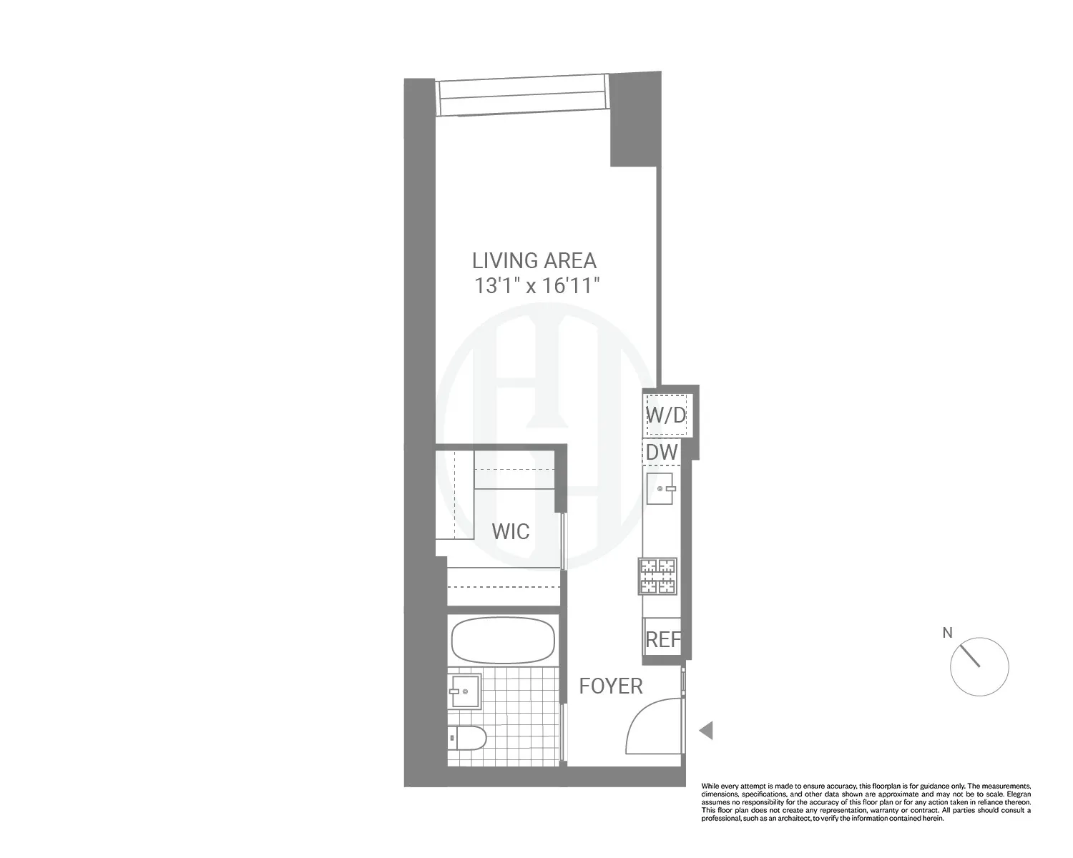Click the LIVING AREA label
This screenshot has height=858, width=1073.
[x=534, y=260]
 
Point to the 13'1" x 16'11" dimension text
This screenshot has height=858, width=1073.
[x=536, y=286]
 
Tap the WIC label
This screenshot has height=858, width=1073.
[x=510, y=532]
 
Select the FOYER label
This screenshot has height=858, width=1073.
[x=610, y=686]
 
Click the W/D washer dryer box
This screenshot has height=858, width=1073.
[x=666, y=415]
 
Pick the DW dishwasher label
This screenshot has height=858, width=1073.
[x=662, y=452]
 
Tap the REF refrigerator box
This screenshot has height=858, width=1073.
[x=662, y=638]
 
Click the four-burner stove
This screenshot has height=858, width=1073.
[x=657, y=576]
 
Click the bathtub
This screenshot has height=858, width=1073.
[x=503, y=640]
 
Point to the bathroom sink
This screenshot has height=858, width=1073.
[x=464, y=691]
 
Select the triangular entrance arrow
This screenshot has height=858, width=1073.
[x=706, y=731]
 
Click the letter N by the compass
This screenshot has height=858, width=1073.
[x=948, y=633]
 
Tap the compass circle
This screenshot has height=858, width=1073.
[x=979, y=666]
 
